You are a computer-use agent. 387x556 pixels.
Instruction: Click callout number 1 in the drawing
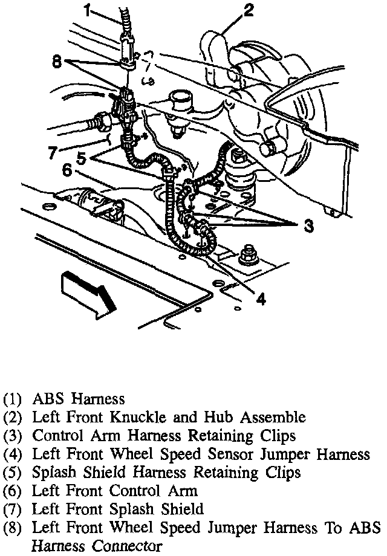click(89, 10)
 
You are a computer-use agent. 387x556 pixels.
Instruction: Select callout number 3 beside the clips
click(308, 227)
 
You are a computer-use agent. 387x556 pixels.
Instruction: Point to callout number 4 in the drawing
click(260, 297)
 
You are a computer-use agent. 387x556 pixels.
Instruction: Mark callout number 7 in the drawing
click(53, 152)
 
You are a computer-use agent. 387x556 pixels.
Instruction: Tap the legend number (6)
click(13, 490)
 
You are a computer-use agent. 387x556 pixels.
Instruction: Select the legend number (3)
click(13, 436)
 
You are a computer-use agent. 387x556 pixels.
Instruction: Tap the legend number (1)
click(13, 399)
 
